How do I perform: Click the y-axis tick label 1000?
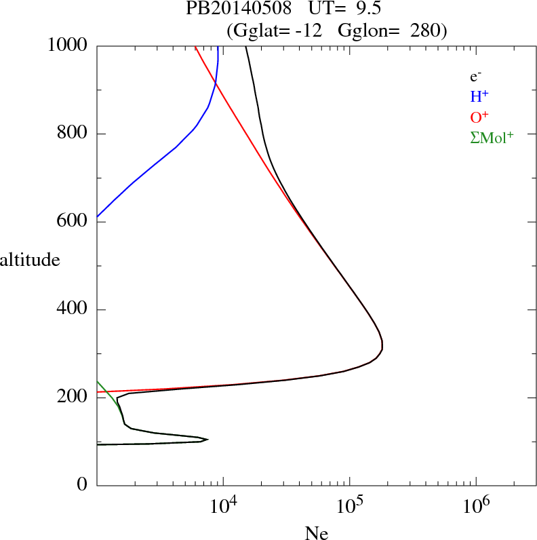pos(68,46)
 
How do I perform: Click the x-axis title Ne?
pos(317,533)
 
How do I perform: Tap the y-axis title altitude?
pos(30,259)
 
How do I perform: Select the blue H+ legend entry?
pos(480,98)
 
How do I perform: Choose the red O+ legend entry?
pos(480,117)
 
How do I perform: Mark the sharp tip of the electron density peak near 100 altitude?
pos(207,440)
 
